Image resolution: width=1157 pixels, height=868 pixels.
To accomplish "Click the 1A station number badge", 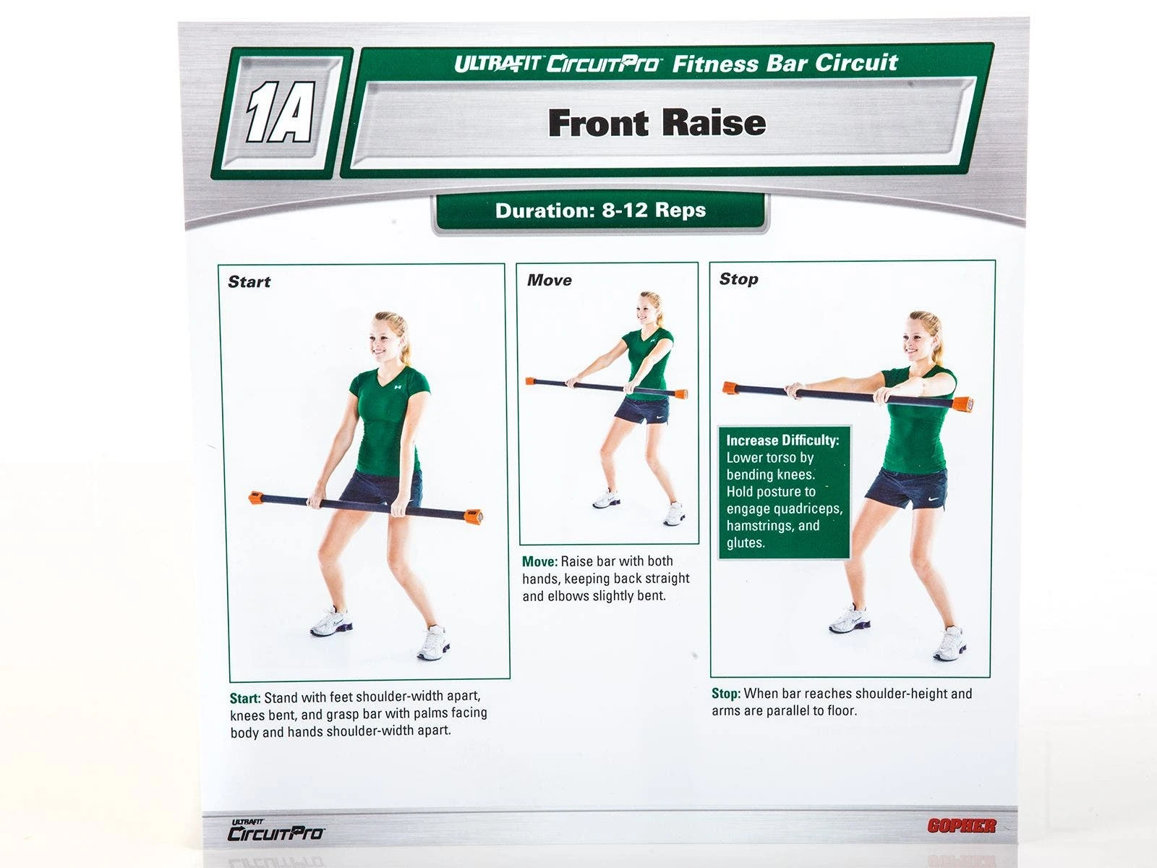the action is [x=281, y=112].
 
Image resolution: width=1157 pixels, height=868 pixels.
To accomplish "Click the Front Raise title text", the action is [x=657, y=123].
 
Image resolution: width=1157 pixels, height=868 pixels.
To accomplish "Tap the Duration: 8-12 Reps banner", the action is [x=600, y=210].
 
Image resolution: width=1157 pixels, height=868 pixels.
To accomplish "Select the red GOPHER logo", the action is [x=962, y=826].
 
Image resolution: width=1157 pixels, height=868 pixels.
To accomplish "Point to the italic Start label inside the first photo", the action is [x=249, y=282].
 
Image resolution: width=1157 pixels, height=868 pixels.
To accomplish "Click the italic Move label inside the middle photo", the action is [x=550, y=280].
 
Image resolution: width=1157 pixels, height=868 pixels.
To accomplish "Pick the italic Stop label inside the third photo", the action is [x=738, y=278].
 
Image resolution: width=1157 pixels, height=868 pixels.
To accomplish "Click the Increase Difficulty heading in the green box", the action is [x=782, y=440].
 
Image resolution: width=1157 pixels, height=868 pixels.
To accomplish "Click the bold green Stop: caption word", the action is [x=726, y=694].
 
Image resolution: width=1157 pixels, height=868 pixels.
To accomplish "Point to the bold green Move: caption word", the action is [x=539, y=561].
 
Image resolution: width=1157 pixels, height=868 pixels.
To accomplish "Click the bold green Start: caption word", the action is [x=245, y=698].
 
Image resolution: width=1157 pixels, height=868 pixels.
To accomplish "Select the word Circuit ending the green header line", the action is [x=856, y=62].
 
